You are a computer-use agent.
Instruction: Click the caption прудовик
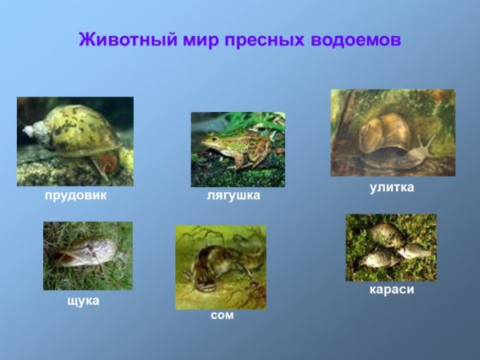tap(75, 194)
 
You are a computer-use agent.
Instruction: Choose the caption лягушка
tap(234, 195)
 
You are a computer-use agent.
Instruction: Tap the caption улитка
tap(391, 187)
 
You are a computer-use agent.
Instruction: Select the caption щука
tap(82, 301)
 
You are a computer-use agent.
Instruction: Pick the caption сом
tap(222, 315)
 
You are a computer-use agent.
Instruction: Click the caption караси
tap(392, 289)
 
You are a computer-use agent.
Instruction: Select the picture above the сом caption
tap(221, 267)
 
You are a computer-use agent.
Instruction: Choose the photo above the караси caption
tap(391, 247)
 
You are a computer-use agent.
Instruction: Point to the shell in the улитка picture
tap(386, 133)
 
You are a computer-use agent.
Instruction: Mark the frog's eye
tap(210, 137)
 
